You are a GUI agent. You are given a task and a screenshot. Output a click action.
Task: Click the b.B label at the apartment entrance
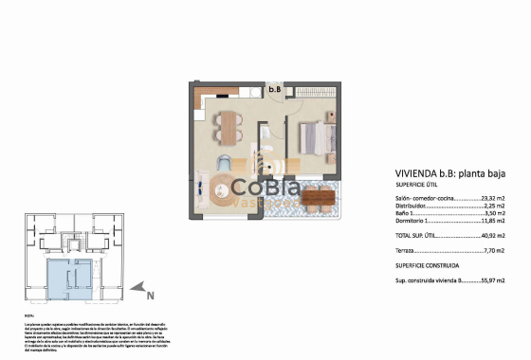275,90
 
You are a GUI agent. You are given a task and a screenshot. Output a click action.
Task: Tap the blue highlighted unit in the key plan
71,276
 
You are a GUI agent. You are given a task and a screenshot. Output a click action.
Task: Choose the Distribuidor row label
413,208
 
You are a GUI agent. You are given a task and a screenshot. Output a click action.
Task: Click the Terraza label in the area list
409,251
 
